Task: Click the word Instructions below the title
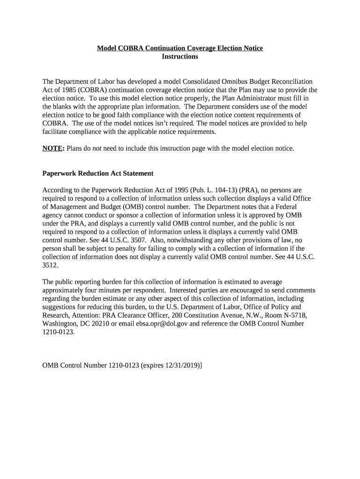pyautogui.click(x=180, y=57)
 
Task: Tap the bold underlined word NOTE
pyautogui.click(x=52, y=148)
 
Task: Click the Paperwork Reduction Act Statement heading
pyautogui.click(x=98, y=173)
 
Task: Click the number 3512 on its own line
pyautogui.click(x=50, y=265)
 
